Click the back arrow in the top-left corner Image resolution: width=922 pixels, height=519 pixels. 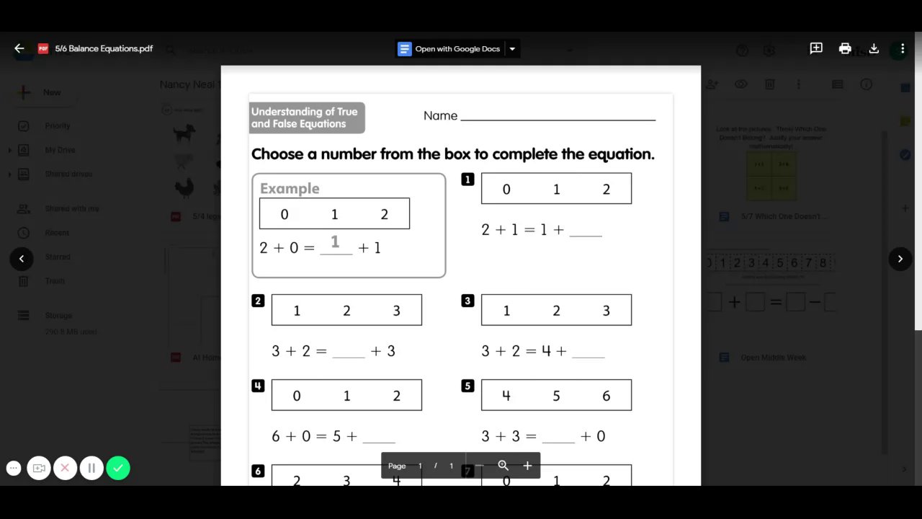coord(19,48)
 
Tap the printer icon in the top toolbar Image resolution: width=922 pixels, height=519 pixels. coord(845,48)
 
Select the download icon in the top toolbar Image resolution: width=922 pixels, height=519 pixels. coord(874,48)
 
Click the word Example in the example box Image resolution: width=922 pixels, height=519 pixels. coord(290,188)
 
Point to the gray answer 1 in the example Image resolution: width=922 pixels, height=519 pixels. coord(335,242)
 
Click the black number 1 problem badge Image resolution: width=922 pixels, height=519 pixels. coord(467,179)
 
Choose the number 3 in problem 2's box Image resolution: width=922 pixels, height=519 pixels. coord(396,311)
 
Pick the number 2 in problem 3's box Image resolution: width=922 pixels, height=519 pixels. coord(556,311)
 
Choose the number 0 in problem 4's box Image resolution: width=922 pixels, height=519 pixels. coord(297,396)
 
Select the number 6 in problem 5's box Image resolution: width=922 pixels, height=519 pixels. coord(606,396)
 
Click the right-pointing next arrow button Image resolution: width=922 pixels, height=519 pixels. coord(900,259)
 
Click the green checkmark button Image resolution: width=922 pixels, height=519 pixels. coord(118,468)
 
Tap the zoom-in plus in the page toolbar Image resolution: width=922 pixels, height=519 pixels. coord(527,466)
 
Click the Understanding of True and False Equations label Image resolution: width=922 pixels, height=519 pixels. coord(307,117)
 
